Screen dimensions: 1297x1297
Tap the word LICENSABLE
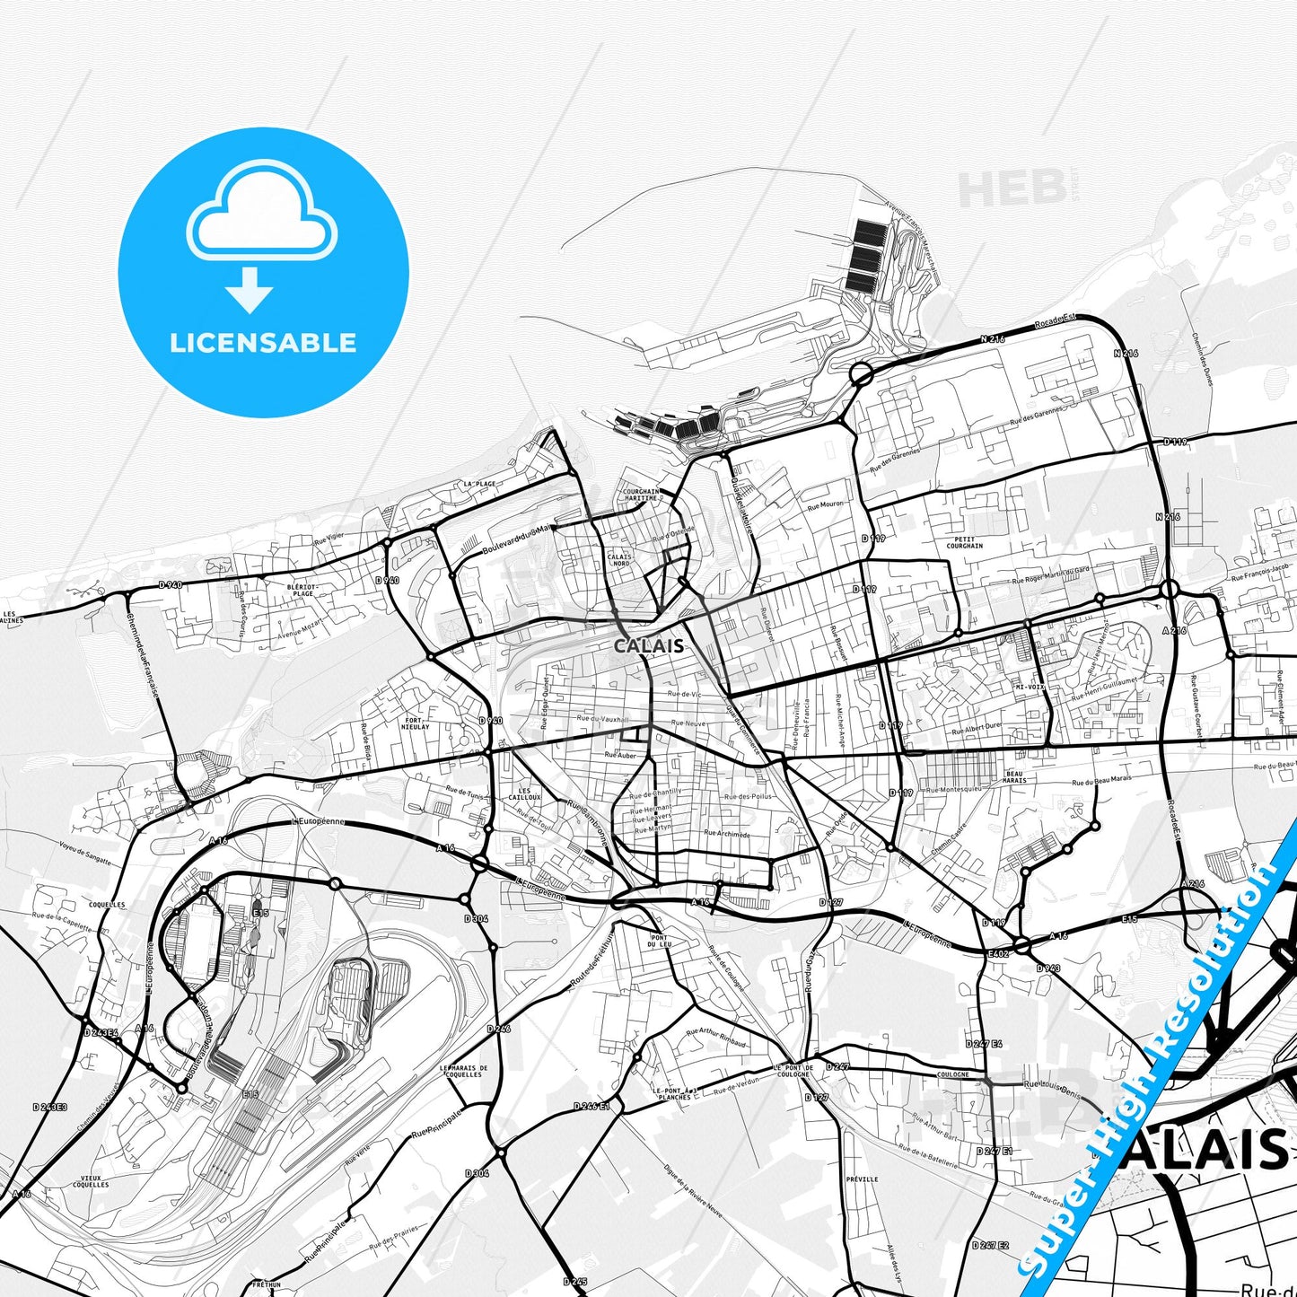tap(263, 343)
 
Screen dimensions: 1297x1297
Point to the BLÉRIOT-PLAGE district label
tap(301, 590)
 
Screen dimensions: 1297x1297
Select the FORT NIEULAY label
tap(416, 723)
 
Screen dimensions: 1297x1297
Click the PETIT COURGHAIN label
tap(965, 542)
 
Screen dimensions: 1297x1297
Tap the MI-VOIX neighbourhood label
tap(1029, 687)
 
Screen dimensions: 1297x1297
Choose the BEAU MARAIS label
tap(1015, 776)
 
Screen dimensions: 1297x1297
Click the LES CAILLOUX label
tap(524, 794)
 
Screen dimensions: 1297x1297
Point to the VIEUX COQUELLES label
tap(91, 1181)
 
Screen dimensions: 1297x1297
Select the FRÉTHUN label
tap(267, 1285)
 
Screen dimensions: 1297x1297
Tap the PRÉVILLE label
tap(862, 1179)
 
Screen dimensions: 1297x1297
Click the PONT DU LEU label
tap(660, 942)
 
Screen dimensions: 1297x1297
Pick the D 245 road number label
tap(575, 1281)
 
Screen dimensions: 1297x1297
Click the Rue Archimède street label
tap(727, 834)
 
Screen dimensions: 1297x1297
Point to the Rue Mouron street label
tap(826, 505)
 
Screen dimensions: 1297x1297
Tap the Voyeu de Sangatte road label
tap(85, 854)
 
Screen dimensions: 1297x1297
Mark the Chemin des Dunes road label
tap(1201, 360)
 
